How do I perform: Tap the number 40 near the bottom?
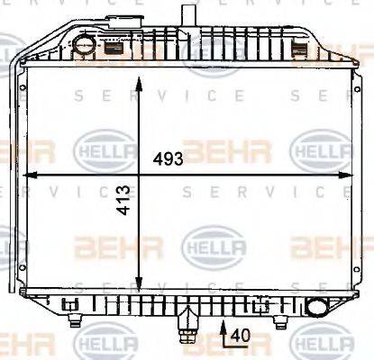coord(238,335)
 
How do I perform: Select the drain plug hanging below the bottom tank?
coord(188,325)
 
